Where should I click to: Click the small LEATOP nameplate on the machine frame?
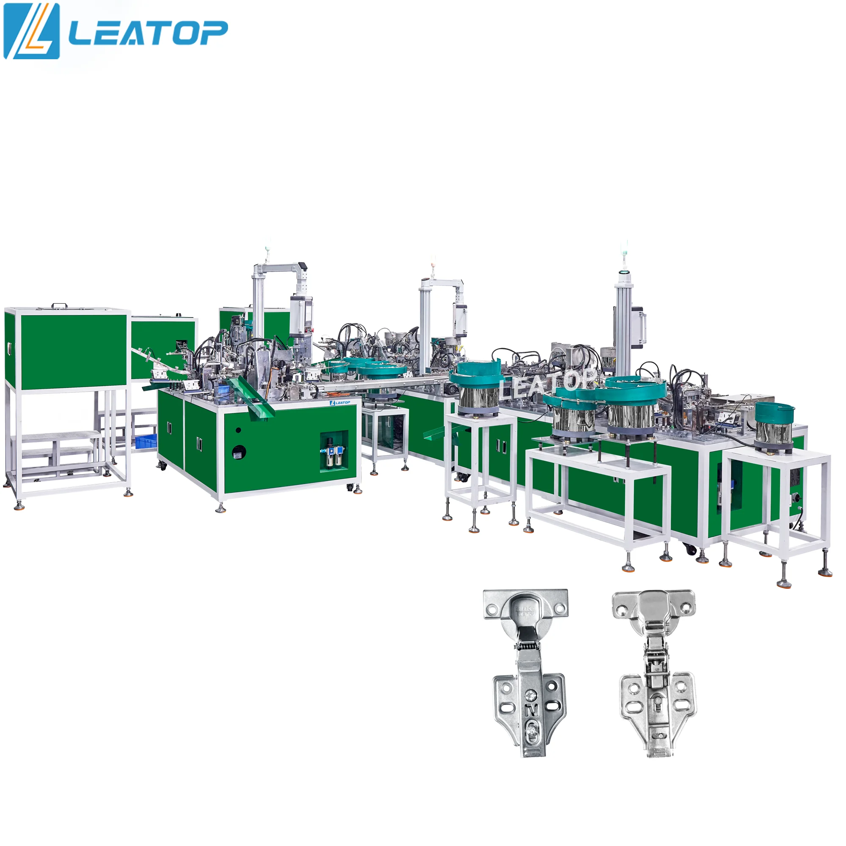(340, 402)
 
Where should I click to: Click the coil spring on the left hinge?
(527, 645)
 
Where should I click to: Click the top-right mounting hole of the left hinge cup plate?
(560, 609)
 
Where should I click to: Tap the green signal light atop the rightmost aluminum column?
(623, 248)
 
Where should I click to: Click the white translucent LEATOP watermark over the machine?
(548, 384)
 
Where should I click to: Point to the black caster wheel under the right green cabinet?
(691, 549)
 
